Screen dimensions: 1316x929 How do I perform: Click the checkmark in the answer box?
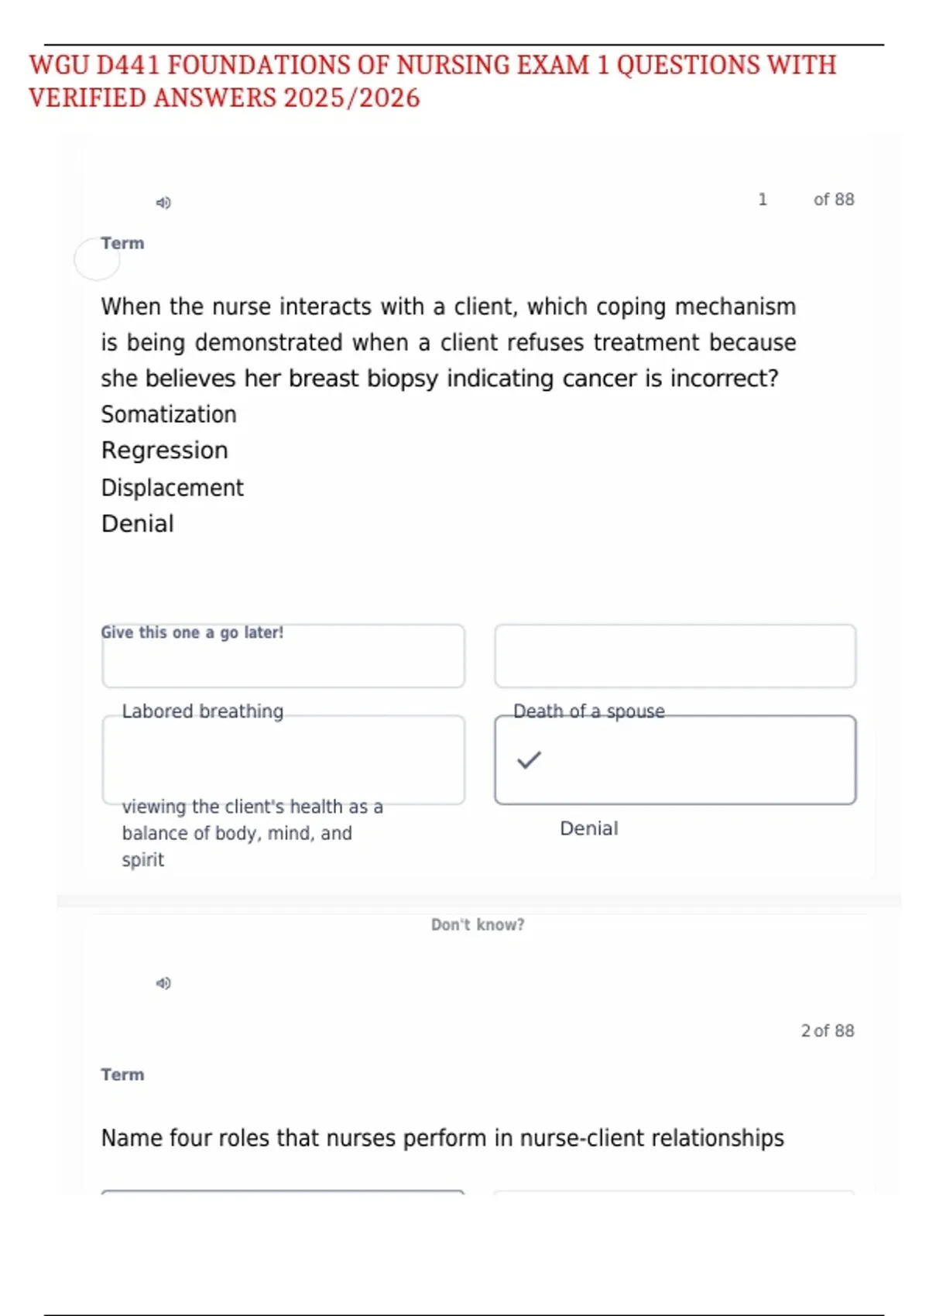tap(530, 760)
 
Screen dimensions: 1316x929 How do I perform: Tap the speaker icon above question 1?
tap(163, 203)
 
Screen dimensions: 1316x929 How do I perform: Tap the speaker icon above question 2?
tap(163, 983)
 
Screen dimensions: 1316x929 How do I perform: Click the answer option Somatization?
tap(169, 414)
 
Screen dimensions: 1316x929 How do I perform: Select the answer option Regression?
tap(164, 451)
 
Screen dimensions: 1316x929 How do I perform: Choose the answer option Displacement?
tap(172, 488)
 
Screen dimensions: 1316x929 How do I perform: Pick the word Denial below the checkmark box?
tap(588, 828)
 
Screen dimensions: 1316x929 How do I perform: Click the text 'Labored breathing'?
tap(203, 711)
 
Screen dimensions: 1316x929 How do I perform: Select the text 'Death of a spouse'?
tap(588, 711)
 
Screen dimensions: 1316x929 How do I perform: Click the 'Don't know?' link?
tap(478, 924)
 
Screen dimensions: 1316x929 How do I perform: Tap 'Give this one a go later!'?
tap(192, 632)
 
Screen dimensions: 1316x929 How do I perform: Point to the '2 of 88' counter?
tap(827, 1030)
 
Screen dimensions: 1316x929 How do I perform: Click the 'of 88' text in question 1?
tap(833, 200)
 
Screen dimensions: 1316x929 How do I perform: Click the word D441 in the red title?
tap(128, 65)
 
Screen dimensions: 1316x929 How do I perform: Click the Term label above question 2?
tap(122, 1074)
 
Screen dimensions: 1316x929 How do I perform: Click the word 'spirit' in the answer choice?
tap(142, 860)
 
